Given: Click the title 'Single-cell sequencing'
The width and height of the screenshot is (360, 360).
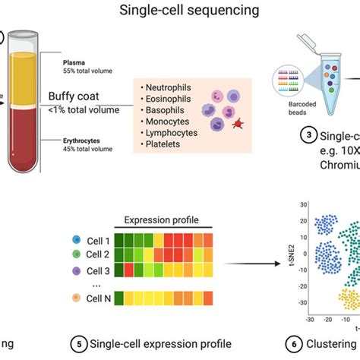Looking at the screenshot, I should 180,11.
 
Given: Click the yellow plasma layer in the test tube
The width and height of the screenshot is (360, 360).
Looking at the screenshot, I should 29,71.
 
